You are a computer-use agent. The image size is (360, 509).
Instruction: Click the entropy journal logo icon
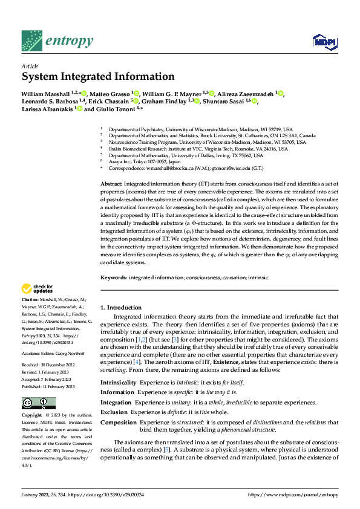pyautogui.click(x=31, y=41)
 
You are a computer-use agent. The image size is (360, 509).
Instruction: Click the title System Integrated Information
pyautogui.click(x=98, y=77)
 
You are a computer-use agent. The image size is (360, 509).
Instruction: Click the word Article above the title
pyautogui.click(x=30, y=66)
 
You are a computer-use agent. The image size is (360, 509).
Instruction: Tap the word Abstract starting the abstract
pyautogui.click(x=111, y=166)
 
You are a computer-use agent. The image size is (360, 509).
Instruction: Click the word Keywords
pyautogui.click(x=114, y=277)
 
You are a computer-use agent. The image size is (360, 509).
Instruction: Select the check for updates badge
pyautogui.click(x=38, y=290)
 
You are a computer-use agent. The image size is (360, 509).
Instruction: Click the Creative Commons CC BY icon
pyautogui.click(x=38, y=403)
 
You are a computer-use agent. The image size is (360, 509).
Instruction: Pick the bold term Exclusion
pyautogui.click(x=114, y=412)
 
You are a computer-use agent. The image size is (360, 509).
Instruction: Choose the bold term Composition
pyautogui.click(x=117, y=422)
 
